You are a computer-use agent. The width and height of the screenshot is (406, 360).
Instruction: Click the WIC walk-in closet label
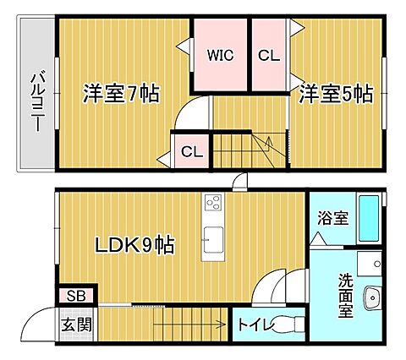click(220, 55)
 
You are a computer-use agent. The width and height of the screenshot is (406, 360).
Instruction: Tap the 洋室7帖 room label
click(121, 93)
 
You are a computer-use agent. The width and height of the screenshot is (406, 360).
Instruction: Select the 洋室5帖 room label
click(336, 93)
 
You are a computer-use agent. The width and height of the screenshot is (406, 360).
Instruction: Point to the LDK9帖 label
click(134, 244)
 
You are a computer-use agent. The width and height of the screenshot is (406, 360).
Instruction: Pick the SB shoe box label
click(76, 296)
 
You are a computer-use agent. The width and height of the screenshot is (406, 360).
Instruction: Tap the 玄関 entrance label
click(76, 325)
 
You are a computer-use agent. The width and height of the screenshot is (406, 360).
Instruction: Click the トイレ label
click(256, 325)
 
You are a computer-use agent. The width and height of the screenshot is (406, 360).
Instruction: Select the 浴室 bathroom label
click(332, 217)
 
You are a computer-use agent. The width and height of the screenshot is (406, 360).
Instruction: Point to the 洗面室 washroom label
click(346, 296)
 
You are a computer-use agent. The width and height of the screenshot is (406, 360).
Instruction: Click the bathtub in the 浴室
click(369, 219)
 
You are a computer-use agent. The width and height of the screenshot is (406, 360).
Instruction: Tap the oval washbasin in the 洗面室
click(372, 297)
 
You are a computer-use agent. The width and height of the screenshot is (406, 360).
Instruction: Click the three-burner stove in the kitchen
click(213, 202)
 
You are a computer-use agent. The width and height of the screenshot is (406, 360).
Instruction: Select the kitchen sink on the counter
click(213, 240)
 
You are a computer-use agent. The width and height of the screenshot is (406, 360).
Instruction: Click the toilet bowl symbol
click(285, 325)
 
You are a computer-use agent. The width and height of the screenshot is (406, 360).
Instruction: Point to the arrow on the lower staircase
click(189, 325)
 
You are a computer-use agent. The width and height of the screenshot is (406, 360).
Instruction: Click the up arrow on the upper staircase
click(269, 144)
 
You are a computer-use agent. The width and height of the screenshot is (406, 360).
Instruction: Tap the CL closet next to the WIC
click(269, 55)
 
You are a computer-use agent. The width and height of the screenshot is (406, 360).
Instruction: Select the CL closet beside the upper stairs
click(192, 152)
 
